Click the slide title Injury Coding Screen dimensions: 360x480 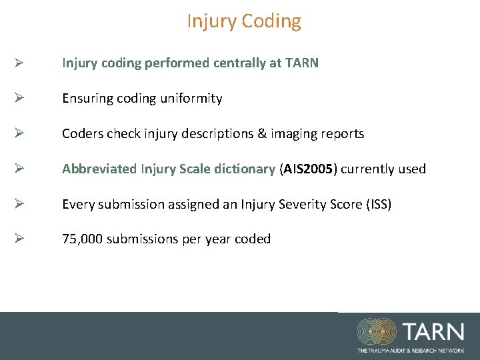tap(243, 21)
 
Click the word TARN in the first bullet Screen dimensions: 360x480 tap(301, 63)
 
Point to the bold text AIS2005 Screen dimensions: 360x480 tap(309, 169)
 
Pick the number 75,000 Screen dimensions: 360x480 tap(83, 239)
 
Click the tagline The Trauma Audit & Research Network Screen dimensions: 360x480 tap(410, 350)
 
